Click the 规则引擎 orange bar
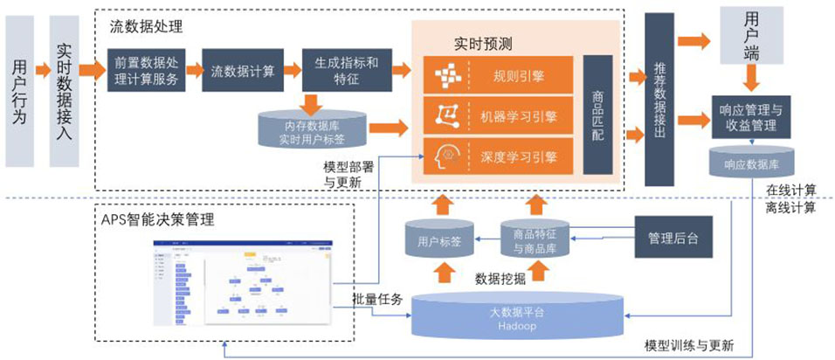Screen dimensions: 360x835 (x=498, y=76)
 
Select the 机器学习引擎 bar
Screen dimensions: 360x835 (x=498, y=116)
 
